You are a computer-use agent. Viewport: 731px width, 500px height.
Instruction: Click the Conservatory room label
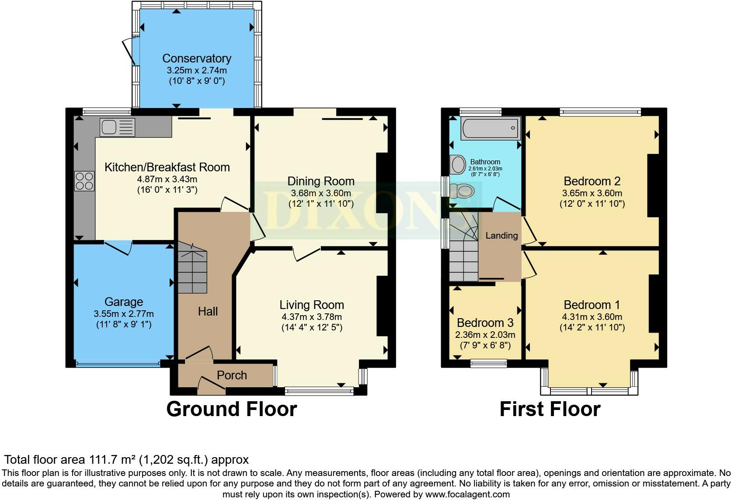tap(197, 59)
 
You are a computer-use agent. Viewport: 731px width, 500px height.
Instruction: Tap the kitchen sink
tap(118, 127)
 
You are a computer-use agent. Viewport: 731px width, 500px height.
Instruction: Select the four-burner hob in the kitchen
tap(84, 181)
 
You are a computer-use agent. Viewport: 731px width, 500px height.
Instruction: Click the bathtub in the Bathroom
tap(491, 128)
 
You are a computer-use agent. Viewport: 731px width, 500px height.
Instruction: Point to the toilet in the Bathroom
tap(462, 191)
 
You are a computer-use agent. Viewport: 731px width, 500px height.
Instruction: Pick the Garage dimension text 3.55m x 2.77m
tap(124, 314)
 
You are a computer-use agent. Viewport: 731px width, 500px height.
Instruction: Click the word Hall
tap(208, 312)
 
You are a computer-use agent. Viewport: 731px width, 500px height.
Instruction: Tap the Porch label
tap(232, 375)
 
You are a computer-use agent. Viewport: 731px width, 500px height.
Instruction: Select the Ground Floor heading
tap(232, 409)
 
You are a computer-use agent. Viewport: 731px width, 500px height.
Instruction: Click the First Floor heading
tap(550, 409)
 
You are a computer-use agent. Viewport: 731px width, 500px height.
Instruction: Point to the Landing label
tap(501, 236)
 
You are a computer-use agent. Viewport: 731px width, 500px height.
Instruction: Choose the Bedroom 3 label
tap(485, 323)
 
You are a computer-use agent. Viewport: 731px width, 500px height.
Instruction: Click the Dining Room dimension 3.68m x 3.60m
tap(321, 193)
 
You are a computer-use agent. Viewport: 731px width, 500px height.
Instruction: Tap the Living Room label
tap(312, 305)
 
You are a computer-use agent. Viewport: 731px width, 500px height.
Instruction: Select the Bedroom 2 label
tap(592, 181)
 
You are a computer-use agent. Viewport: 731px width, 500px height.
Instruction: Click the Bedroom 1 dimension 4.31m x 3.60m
tap(592, 317)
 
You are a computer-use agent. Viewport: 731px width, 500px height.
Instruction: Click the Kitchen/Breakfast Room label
tap(167, 167)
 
